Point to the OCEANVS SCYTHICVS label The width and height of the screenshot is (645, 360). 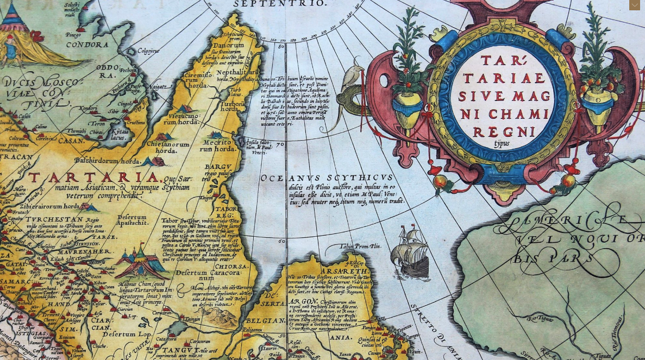pos(326,178)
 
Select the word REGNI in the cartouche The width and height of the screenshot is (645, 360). pos(496,132)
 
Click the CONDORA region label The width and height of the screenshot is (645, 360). pos(87,45)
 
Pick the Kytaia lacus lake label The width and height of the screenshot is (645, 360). pos(118,135)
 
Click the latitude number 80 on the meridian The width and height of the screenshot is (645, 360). pos(281,47)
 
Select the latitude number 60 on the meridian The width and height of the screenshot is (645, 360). pos(281,241)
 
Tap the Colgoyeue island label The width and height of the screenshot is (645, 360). pos(148,51)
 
